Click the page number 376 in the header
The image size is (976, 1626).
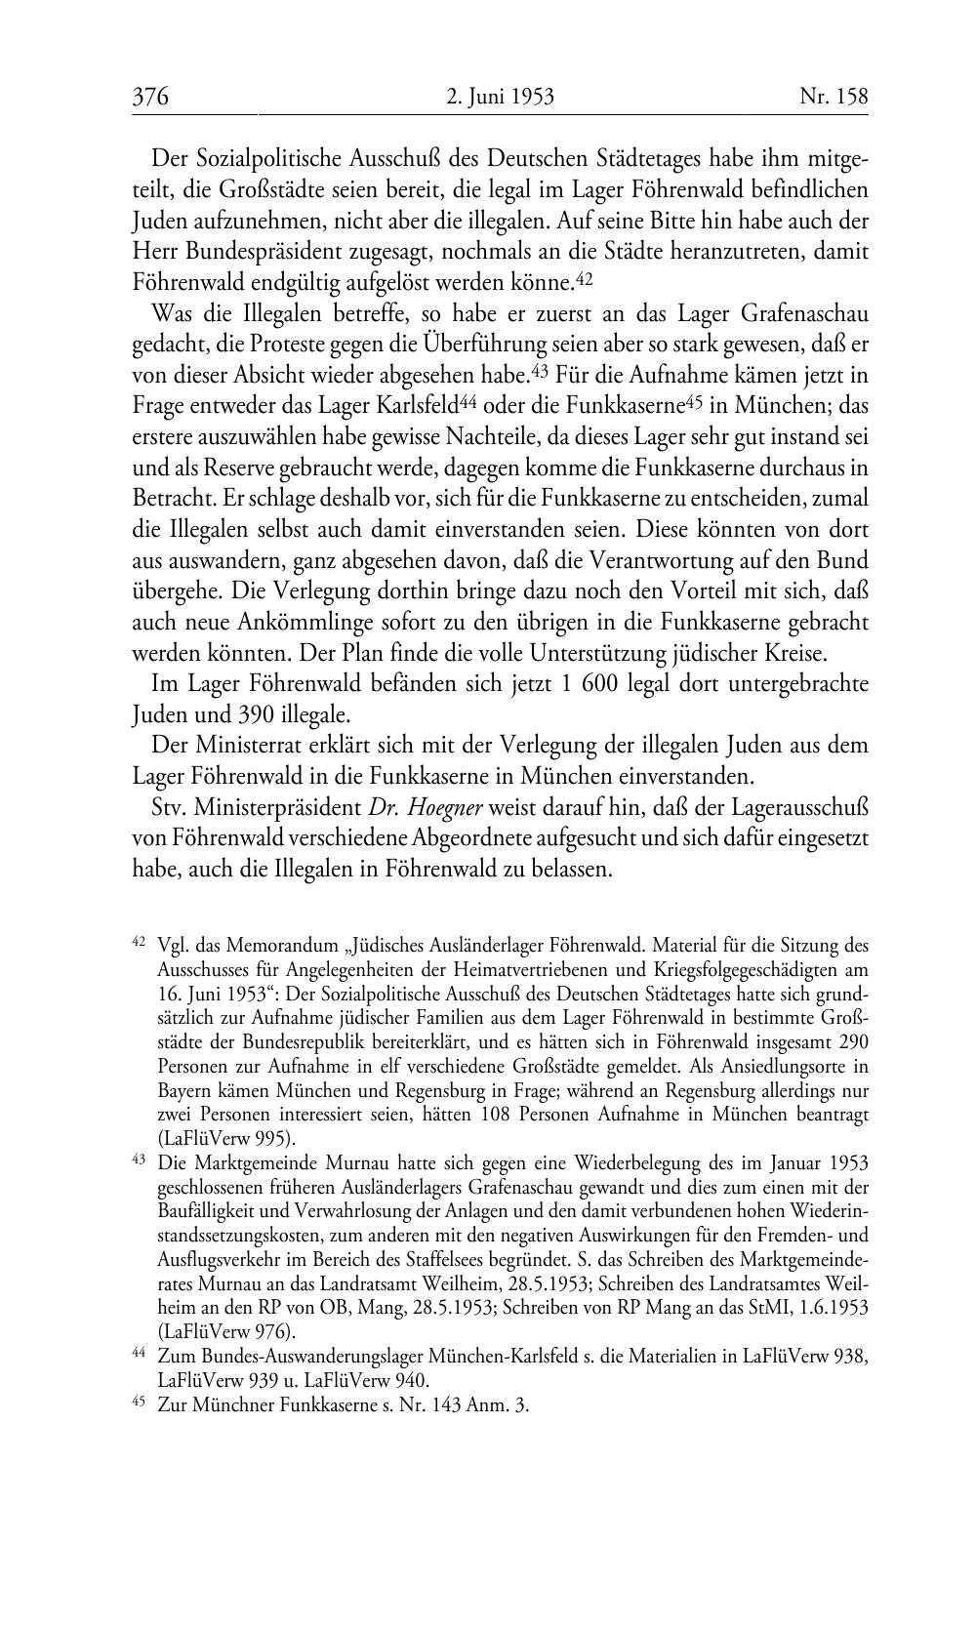(x=151, y=97)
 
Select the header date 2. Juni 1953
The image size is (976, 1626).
(x=500, y=97)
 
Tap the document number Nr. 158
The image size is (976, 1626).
(x=833, y=97)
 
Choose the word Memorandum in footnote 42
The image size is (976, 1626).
(x=276, y=946)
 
